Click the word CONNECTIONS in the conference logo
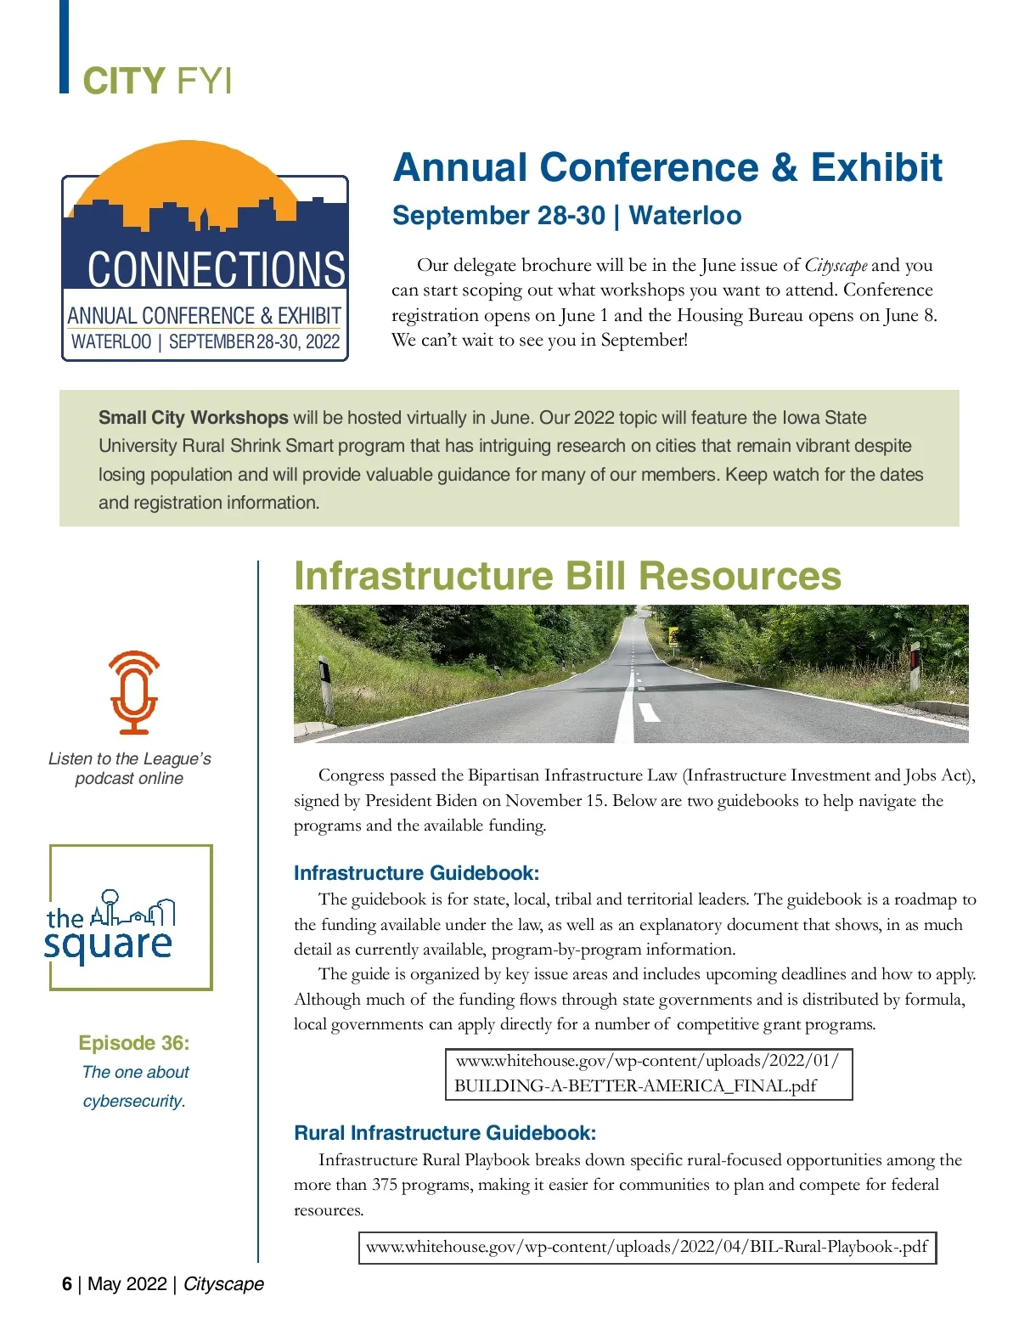216,269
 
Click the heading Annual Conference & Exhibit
667,167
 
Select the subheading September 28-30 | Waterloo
566,216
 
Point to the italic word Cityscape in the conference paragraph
836,265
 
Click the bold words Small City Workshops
194,418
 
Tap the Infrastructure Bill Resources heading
567,576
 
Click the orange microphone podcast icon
134,692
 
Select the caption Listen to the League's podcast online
129,769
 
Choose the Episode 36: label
134,1043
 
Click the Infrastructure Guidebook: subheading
416,873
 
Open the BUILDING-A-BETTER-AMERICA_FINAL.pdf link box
648,1074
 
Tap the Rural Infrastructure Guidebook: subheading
445,1133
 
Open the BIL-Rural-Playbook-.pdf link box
647,1247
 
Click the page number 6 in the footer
67,1283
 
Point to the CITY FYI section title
157,82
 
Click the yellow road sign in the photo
674,636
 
